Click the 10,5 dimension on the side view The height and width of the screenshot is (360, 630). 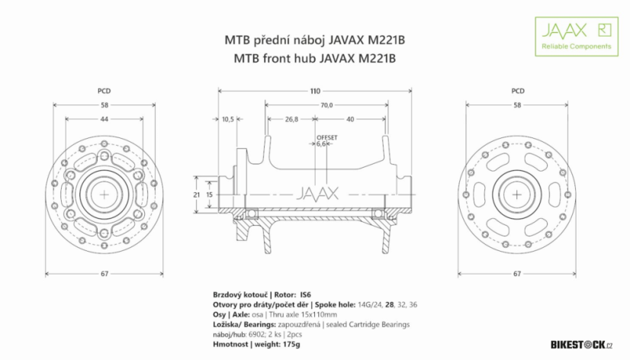227,119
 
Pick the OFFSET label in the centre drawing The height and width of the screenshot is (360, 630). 326,137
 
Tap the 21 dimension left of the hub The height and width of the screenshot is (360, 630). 198,195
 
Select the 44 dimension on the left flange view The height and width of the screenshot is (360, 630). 104,119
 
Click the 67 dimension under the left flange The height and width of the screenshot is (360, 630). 104,273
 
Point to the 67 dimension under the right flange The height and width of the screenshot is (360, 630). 517,273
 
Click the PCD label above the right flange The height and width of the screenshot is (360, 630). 517,91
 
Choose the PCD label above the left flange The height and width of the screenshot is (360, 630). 104,91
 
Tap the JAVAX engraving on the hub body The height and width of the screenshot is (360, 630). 315,193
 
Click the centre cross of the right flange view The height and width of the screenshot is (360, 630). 517,194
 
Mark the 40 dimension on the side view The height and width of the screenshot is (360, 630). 349,119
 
